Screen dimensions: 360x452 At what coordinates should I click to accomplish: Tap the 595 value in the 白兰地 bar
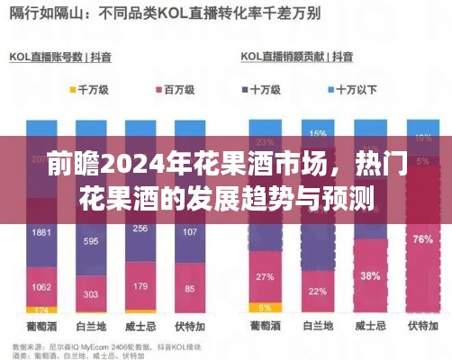(91, 242)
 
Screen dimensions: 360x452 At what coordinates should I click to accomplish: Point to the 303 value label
(91, 294)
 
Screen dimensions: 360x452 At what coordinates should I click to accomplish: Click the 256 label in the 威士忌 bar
(140, 229)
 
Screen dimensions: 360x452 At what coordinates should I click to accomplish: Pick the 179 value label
(140, 288)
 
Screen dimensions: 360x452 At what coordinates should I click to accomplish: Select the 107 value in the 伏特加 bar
(189, 231)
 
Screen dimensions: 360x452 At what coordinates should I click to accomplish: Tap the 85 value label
(189, 290)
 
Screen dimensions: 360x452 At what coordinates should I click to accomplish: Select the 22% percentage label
(316, 291)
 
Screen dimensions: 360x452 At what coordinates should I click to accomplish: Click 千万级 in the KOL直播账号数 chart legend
(94, 91)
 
